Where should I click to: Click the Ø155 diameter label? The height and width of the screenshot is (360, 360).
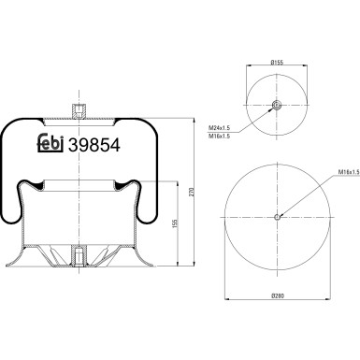(277, 62)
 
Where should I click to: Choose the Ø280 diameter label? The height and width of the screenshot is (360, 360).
(277, 297)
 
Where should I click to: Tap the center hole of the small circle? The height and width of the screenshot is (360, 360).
(277, 106)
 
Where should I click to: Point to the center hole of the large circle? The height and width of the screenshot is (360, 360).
(277, 219)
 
